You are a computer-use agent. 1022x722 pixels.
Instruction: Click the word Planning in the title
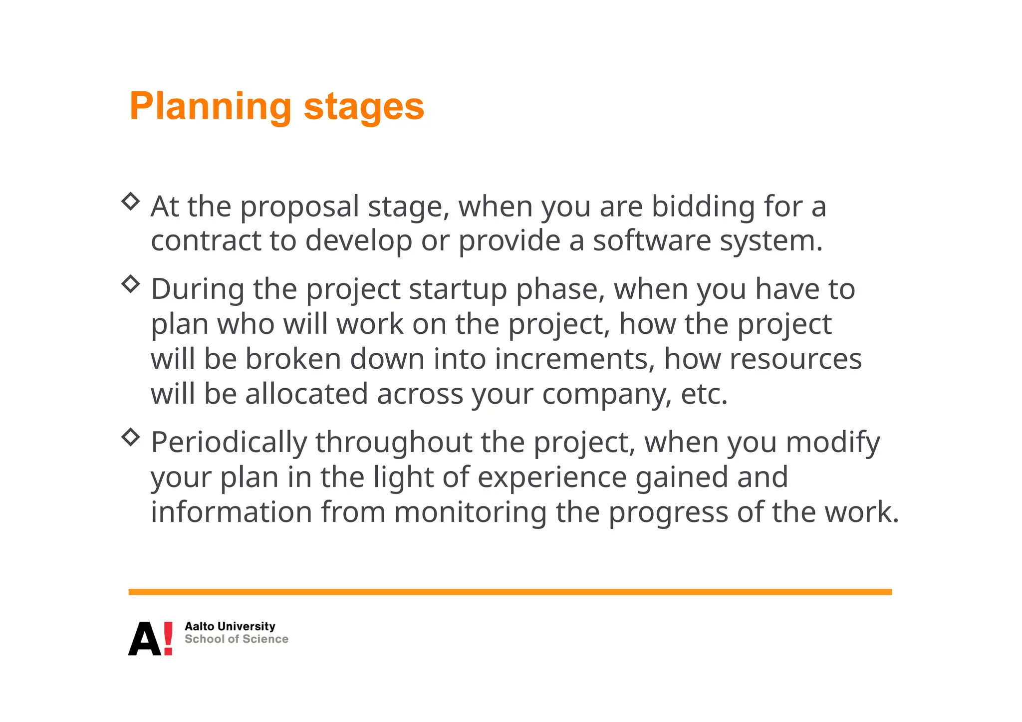coord(210,107)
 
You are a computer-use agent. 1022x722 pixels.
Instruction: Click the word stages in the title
coord(364,107)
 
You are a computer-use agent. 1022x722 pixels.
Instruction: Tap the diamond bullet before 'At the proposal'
coord(131,201)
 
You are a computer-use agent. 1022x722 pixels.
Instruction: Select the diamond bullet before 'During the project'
coord(131,283)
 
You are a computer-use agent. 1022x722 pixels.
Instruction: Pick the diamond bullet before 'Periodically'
coord(131,437)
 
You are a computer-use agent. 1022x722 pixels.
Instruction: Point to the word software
coord(652,241)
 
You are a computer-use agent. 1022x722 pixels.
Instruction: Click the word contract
coord(206,241)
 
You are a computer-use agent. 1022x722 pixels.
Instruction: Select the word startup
coord(458,290)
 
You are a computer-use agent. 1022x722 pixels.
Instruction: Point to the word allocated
coord(306,394)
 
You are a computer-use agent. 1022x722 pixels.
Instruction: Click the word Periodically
coord(229,443)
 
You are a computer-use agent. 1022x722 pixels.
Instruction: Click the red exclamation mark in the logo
coord(168,638)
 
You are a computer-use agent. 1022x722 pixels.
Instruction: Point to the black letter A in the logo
coord(145,639)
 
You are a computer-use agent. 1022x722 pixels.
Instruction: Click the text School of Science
coord(236,639)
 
